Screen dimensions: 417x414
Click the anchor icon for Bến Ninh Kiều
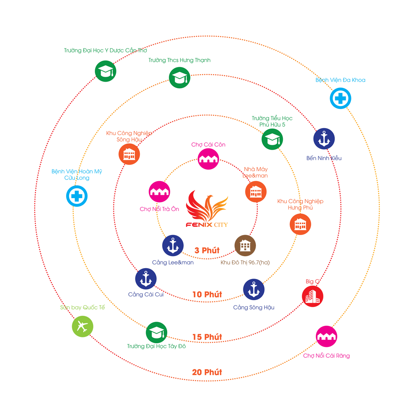(x=324, y=139)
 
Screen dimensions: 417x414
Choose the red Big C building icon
(x=313, y=296)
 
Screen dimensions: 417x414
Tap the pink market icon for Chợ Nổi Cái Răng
(x=327, y=336)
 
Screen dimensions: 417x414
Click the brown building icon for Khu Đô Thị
(x=245, y=246)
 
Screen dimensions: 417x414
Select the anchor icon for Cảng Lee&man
(x=173, y=246)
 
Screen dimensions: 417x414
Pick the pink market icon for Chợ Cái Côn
(x=208, y=159)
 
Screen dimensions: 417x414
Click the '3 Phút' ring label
(x=207, y=251)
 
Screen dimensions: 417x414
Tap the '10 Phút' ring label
(x=207, y=295)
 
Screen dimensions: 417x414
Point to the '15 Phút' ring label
(x=207, y=337)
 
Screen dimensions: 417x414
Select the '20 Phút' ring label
(x=207, y=372)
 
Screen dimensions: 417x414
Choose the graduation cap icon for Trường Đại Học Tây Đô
(x=156, y=332)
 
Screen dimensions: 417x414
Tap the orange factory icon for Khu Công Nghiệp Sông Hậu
(x=129, y=155)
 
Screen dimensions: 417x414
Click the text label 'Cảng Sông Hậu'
(x=254, y=308)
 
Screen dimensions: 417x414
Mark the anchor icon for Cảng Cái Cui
(x=146, y=279)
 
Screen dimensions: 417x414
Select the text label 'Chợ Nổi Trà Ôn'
(x=159, y=209)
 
